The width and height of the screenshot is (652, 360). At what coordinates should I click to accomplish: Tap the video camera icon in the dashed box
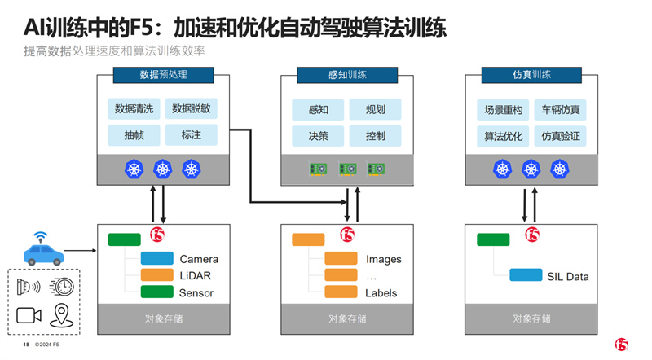(x=29, y=315)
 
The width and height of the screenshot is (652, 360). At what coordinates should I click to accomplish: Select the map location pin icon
(x=62, y=315)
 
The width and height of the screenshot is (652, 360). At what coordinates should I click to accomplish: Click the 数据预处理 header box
(x=164, y=75)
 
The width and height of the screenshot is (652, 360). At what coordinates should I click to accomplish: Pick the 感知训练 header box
(x=347, y=75)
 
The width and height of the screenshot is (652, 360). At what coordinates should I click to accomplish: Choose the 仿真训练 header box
(x=531, y=75)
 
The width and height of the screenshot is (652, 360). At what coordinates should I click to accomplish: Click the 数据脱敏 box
(x=192, y=109)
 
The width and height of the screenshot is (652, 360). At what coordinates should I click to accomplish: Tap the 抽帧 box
(x=134, y=135)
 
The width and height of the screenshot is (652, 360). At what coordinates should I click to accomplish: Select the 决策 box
(x=318, y=136)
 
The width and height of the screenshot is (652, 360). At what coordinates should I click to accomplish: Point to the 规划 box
(x=375, y=109)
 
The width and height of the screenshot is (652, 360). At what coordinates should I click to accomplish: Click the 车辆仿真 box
(x=560, y=110)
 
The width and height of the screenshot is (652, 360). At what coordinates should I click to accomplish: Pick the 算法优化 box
(x=503, y=136)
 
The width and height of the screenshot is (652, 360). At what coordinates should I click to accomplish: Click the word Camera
(x=199, y=259)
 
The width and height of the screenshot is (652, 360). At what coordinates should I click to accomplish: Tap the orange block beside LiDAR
(x=156, y=274)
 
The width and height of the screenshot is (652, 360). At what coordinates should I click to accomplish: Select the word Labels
(x=381, y=292)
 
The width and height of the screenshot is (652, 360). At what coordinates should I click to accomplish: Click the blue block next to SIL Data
(x=526, y=274)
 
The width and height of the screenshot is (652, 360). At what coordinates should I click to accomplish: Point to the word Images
(x=383, y=259)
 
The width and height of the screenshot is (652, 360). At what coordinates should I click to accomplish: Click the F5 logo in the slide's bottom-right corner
(x=621, y=345)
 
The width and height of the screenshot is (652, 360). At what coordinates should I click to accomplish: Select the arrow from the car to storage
(x=80, y=251)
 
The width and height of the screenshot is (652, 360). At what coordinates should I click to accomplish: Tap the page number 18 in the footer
(x=26, y=345)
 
